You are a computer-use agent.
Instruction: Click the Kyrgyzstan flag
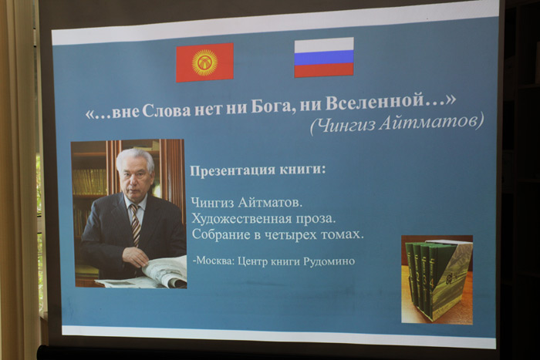204,62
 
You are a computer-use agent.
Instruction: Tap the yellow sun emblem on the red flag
204,62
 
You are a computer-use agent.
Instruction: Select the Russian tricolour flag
324,57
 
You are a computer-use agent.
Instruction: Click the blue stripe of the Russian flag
324,58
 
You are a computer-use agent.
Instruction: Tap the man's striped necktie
135,224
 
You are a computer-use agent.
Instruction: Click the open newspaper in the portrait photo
151,274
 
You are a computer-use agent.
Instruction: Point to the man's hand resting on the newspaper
135,257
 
